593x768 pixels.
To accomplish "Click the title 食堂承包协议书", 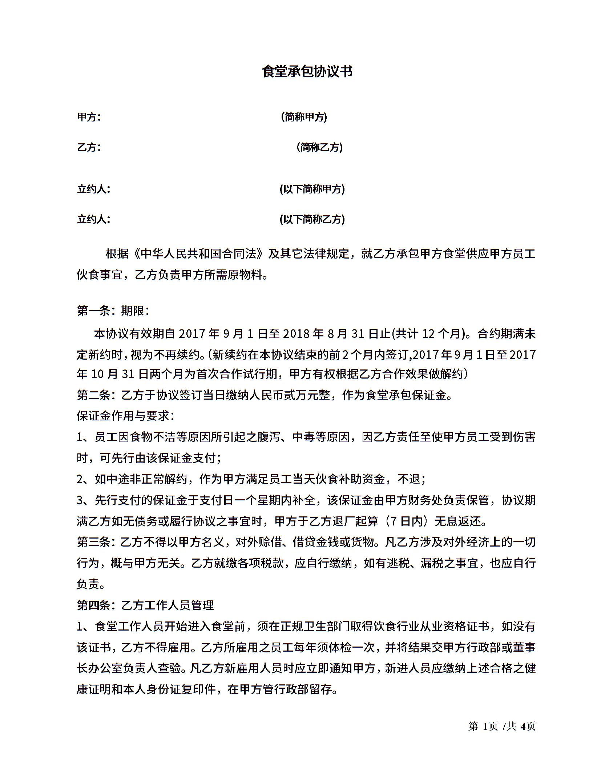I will point(307,72).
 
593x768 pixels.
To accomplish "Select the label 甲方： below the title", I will point(89,117).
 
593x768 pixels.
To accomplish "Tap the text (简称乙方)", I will point(319,147).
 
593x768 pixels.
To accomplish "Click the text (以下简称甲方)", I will point(312,189).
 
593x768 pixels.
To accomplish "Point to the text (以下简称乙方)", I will point(312,219).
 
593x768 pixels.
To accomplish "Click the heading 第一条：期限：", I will point(113,311).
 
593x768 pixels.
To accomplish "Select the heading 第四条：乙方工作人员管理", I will point(145,605).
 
